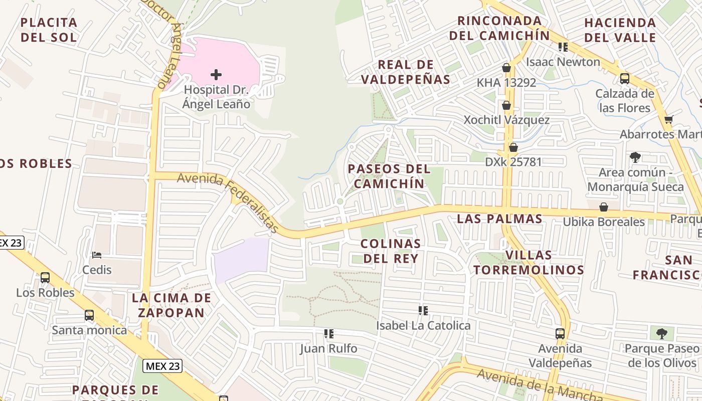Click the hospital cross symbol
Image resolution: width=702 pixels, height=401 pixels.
216,75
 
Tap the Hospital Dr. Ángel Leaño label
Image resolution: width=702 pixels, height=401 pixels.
216,97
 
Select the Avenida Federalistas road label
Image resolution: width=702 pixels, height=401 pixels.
228,203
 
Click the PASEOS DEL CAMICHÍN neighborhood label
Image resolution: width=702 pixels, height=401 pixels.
389,176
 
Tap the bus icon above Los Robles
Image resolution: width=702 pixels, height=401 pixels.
45,278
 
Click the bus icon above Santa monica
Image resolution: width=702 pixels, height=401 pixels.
89,315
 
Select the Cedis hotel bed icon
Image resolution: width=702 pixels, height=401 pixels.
97,255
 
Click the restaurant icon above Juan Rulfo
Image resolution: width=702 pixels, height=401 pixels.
329,333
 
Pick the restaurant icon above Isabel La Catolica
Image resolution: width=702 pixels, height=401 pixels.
423,311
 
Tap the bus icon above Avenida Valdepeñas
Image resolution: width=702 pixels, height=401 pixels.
560,333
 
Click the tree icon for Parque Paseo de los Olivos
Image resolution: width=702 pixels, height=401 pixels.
662,333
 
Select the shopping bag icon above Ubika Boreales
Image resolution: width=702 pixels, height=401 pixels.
604,207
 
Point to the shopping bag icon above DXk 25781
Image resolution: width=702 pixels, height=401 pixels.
513,147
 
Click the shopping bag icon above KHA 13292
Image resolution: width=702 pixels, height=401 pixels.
506,68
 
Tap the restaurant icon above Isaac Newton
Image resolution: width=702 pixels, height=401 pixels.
563,47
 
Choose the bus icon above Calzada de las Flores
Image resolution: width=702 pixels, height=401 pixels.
625,79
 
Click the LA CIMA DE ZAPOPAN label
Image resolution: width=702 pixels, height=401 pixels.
171,305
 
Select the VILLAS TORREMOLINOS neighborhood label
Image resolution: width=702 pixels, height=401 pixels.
529,262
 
